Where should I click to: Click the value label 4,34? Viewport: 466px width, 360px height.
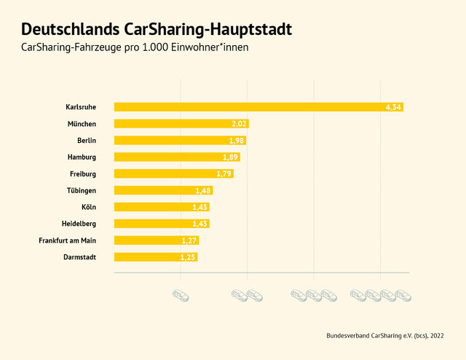pyautogui.click(x=393, y=107)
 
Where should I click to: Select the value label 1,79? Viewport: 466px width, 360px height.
pyautogui.click(x=224, y=173)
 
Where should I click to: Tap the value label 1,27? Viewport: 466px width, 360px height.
pyautogui.click(x=189, y=240)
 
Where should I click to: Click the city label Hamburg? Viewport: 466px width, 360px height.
pyautogui.click(x=82, y=157)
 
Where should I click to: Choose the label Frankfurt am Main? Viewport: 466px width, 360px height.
pyautogui.click(x=68, y=240)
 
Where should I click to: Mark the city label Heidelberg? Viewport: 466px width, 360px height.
pyautogui.click(x=79, y=223)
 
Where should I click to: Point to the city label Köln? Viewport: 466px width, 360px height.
pyautogui.click(x=89, y=207)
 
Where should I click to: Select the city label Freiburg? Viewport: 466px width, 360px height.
pyautogui.click(x=82, y=173)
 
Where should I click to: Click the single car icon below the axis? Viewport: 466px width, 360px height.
pyautogui.click(x=181, y=295)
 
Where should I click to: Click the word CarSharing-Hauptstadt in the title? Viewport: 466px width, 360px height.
pyautogui.click(x=208, y=30)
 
